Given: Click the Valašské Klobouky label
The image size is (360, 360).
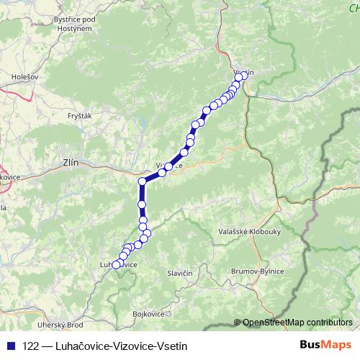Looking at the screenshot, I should coord(244,232).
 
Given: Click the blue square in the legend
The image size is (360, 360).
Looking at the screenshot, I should coord(9,346).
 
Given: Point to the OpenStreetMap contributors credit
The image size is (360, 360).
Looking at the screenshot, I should coord(297,323).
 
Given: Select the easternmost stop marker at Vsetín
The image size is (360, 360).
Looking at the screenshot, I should coord(244,75).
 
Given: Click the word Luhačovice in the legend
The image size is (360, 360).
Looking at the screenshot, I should coord(79,346).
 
